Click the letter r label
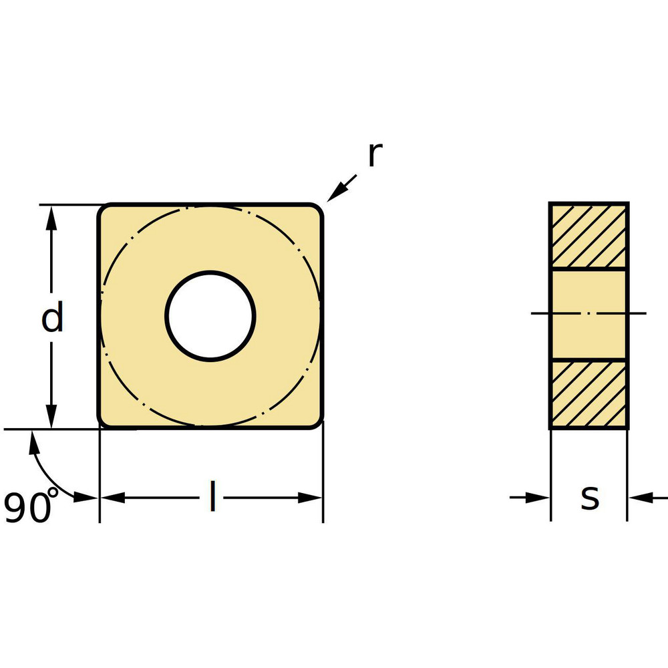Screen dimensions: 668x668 [374, 155]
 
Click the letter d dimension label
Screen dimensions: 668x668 [52, 318]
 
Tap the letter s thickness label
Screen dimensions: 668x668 [589, 497]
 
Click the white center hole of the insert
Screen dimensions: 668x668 [210, 316]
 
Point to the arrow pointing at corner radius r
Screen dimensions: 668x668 [340, 187]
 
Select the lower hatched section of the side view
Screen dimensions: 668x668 [589, 394]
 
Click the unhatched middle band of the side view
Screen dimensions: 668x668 [589, 314]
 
